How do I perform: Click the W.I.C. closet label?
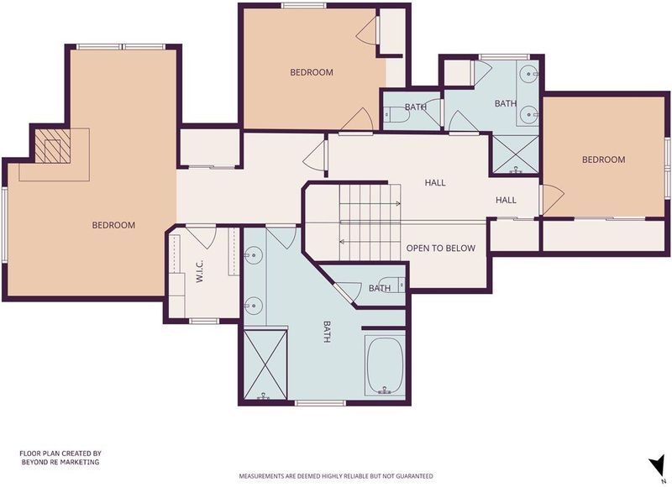tap(200, 271)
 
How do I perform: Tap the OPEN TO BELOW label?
tap(440, 249)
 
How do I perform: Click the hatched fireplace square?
tap(52, 146)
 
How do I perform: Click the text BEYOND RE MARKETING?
tap(60, 462)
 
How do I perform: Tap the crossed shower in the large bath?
tap(265, 364)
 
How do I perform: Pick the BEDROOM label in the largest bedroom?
tap(113, 225)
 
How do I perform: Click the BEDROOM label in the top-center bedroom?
tap(312, 72)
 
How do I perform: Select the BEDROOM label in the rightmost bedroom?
tap(603, 160)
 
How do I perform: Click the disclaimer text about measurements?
tap(335, 476)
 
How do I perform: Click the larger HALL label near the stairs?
tap(435, 183)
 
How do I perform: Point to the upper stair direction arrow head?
tap(398, 204)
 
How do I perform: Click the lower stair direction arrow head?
tap(342, 242)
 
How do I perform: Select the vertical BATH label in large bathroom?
tap(327, 332)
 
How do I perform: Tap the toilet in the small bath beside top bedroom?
tap(391, 115)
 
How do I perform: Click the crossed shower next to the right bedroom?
tap(515, 154)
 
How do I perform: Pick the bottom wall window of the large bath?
tap(320, 403)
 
